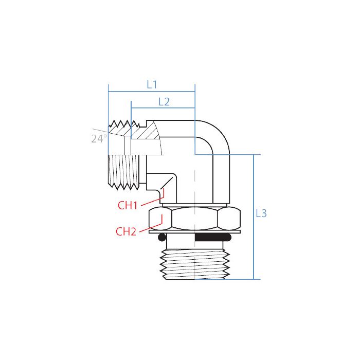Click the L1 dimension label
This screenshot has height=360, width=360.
[x=152, y=84]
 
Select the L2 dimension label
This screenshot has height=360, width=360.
[x=164, y=101]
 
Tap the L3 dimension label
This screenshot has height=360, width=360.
[x=261, y=213]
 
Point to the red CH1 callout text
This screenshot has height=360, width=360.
[x=128, y=205]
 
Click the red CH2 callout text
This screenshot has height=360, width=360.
[x=125, y=231]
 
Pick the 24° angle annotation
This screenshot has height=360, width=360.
[x=98, y=138]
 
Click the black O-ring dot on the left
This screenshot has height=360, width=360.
[x=162, y=237]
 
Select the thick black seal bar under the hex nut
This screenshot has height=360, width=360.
[x=210, y=237]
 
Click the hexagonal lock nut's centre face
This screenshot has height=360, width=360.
[x=194, y=218]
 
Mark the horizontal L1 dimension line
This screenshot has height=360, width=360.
[x=151, y=92]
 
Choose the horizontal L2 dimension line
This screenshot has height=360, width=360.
[x=163, y=108]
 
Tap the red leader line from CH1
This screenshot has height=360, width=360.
[x=153, y=199]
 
